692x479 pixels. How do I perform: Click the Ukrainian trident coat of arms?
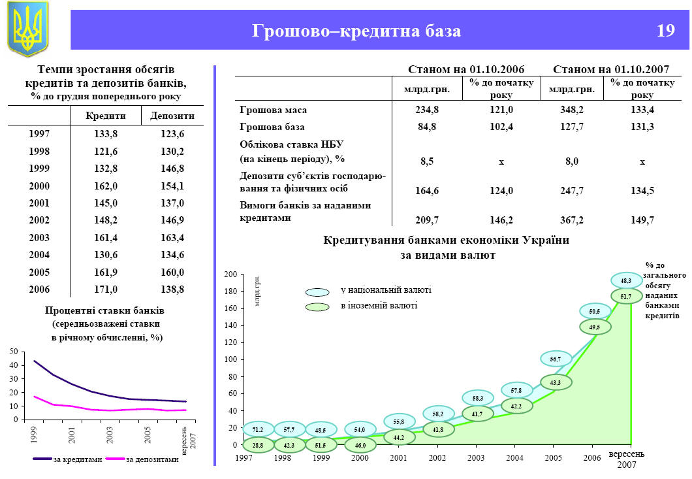27,29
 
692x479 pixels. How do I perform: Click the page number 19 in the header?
665,31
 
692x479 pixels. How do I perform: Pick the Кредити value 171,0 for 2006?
106,288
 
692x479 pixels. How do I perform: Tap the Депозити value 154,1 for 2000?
172,186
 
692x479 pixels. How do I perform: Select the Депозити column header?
172,116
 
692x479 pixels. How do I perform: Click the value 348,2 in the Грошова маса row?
571,110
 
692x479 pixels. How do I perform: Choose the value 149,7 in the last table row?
642,220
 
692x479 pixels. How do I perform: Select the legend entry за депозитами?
152,459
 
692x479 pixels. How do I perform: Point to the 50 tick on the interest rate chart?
14,352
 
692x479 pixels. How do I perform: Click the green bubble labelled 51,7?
625,296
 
